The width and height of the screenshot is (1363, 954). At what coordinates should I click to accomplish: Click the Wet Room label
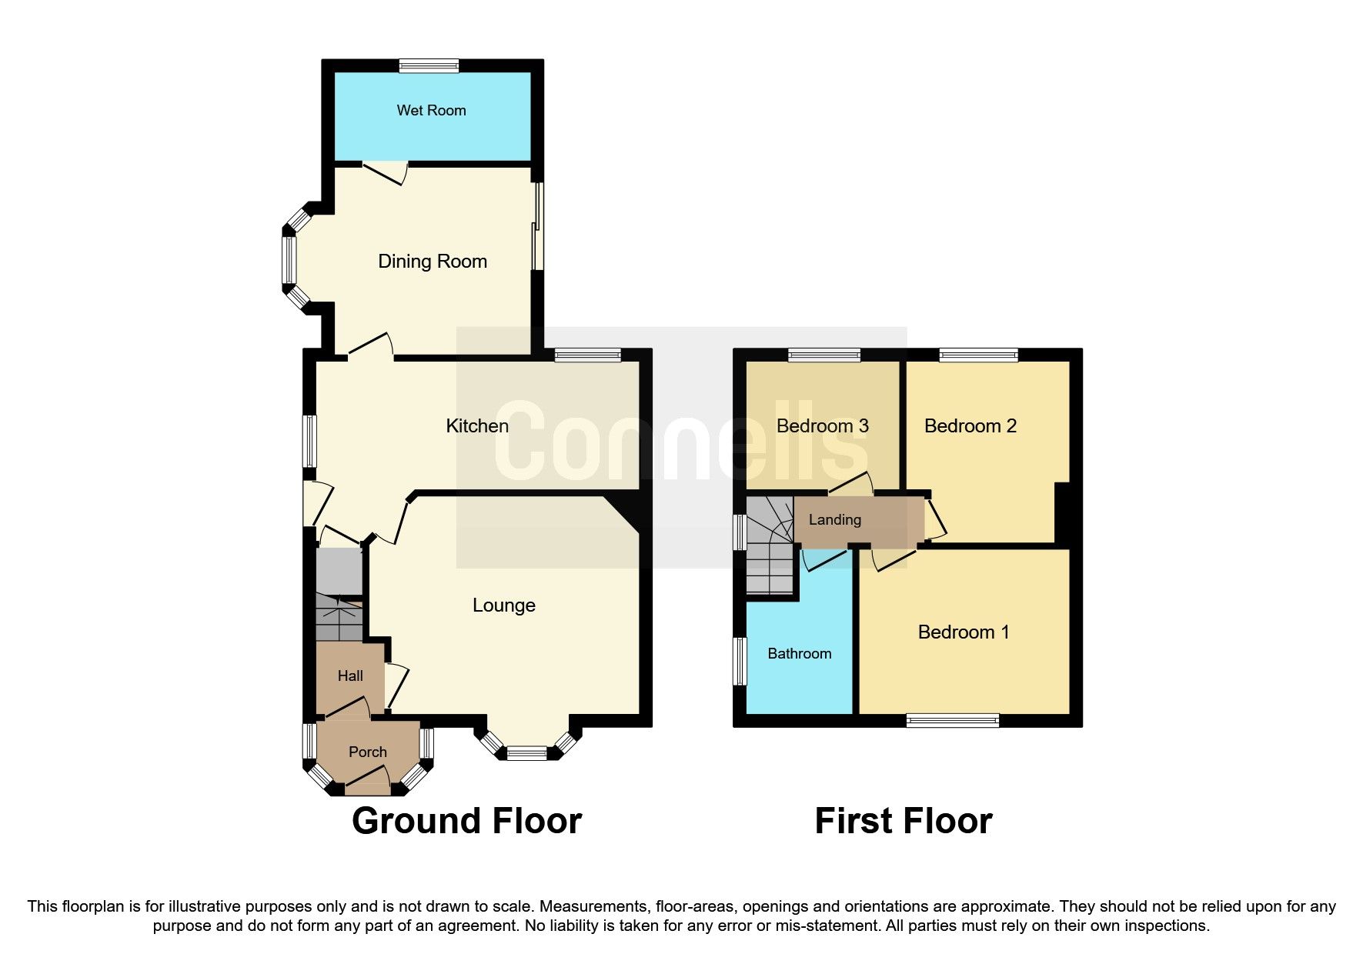click(x=431, y=110)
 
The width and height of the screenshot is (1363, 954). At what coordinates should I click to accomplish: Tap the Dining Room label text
click(x=432, y=262)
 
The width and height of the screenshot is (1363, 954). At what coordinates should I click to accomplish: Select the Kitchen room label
click(x=477, y=425)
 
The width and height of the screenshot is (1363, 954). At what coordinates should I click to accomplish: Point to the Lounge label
click(x=503, y=605)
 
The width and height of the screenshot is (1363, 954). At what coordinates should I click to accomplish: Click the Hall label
click(x=350, y=675)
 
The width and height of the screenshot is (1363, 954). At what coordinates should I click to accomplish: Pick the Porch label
click(x=367, y=752)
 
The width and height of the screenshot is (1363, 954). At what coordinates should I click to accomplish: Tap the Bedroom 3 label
click(x=822, y=425)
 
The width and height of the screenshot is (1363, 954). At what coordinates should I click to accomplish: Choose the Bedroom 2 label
click(x=970, y=425)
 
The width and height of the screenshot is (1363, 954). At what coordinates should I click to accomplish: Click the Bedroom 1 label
click(x=963, y=632)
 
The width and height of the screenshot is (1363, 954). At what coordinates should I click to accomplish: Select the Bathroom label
click(x=799, y=653)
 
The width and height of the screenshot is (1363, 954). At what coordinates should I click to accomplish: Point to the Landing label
click(x=834, y=519)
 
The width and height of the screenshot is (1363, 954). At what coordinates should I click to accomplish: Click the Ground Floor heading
click(x=466, y=821)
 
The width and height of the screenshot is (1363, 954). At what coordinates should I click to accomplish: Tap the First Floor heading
click(x=903, y=821)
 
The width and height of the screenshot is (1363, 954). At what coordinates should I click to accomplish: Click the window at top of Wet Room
click(x=429, y=66)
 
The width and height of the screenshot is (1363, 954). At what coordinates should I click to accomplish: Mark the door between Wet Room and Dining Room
click(x=384, y=171)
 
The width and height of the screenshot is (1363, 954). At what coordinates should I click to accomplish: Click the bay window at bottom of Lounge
click(x=526, y=753)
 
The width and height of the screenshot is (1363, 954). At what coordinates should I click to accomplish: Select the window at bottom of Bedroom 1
click(x=952, y=720)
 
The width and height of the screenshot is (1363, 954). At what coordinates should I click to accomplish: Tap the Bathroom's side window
click(x=740, y=661)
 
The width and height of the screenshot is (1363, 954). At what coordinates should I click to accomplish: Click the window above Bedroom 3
click(x=823, y=355)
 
